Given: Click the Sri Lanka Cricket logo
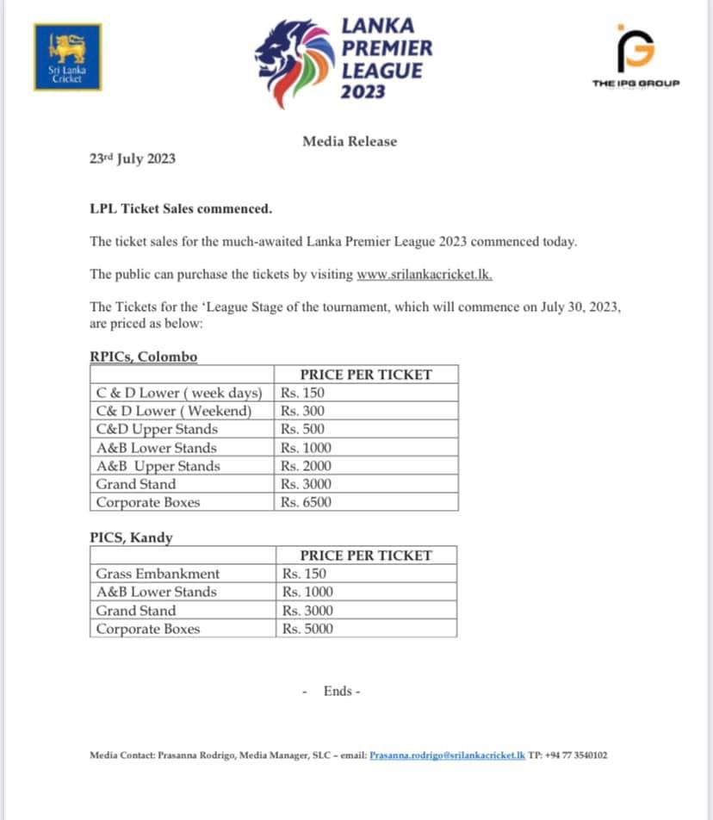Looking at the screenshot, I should pos(67,57).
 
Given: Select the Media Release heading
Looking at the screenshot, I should pos(350,141).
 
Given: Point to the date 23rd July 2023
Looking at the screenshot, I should pos(133,158).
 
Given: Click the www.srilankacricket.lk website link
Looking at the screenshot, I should pos(425,274).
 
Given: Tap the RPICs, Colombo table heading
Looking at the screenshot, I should pos(144,357).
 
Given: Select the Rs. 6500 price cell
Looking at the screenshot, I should pos(306,502).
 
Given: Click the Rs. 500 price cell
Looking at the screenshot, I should pos(303,429).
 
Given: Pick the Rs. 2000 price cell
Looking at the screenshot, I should pos(306,466).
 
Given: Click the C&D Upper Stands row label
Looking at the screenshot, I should pos(157,429).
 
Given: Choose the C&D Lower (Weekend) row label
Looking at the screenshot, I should pos(174,411).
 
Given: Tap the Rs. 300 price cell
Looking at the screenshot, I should pos(303,411).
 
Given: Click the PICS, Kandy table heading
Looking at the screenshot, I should pos(132,537).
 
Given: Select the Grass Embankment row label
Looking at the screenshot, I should pos(158,574).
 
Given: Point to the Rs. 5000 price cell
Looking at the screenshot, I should pos(307,629).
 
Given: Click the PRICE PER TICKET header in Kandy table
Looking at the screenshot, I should pos(365,556).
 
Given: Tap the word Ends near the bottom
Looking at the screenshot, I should pos(338,691).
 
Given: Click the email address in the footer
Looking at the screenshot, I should pos(447,755).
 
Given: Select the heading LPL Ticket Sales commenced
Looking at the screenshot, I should pos(181,208).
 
